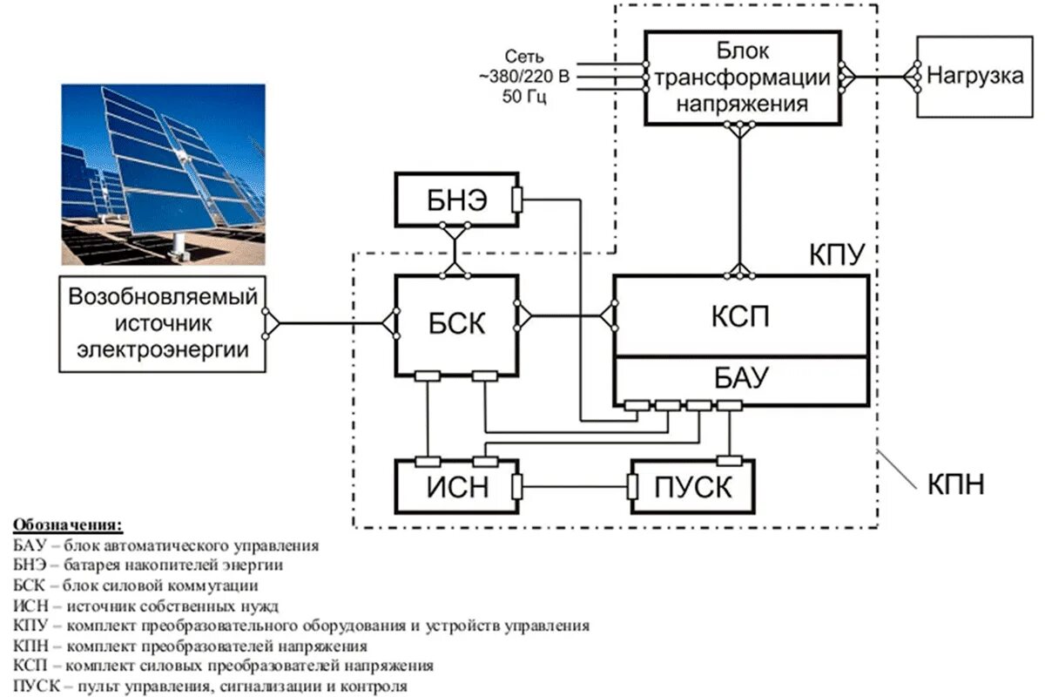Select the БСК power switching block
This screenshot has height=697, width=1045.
coord(457,326)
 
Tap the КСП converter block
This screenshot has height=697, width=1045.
coord(741,315)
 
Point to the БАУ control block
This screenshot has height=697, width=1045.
coord(741,378)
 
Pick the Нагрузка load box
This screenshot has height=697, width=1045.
coord(974,76)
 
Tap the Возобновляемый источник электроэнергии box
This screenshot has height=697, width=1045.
coord(162,324)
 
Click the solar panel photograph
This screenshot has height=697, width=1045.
coord(163,174)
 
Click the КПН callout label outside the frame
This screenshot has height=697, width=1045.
coord(956,484)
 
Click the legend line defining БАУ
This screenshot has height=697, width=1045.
coord(166,546)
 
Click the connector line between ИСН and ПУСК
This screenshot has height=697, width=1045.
coord(575,486)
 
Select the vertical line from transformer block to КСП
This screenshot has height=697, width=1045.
coord(740,200)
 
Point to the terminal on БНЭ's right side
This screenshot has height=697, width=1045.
coord(518,200)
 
